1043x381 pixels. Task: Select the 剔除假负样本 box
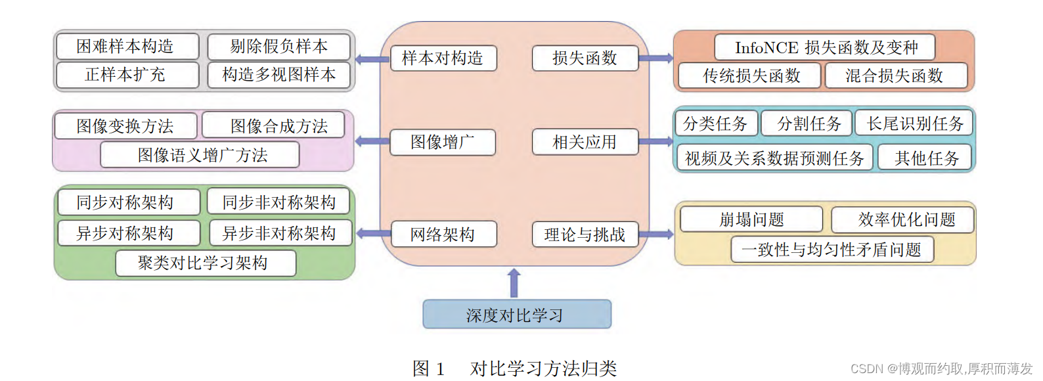pyautogui.click(x=278, y=47)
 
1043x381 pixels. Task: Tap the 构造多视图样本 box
pyautogui.click(x=278, y=75)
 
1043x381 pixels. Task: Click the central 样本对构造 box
pyautogui.click(x=443, y=58)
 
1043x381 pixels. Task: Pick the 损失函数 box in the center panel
pyautogui.click(x=585, y=58)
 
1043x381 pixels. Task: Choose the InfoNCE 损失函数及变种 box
pyautogui.click(x=825, y=47)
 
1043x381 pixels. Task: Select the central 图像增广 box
pyautogui.click(x=443, y=142)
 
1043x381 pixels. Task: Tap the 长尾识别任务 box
pyautogui.click(x=914, y=123)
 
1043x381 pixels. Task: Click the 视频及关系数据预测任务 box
pyautogui.click(x=774, y=158)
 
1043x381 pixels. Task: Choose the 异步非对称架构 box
pyautogui.click(x=279, y=233)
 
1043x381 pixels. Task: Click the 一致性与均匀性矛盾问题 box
pyautogui.click(x=832, y=250)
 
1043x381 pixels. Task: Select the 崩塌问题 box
pyautogui.click(x=751, y=219)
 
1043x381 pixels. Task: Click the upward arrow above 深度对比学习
pyautogui.click(x=514, y=282)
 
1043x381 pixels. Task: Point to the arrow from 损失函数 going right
pyautogui.click(x=655, y=58)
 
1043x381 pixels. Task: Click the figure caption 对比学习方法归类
pyautogui.click(x=543, y=369)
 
